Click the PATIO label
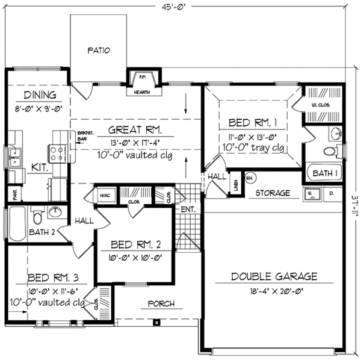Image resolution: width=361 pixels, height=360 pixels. pyautogui.click(x=99, y=51)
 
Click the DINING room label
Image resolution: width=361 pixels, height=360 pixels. pyautogui.click(x=40, y=95)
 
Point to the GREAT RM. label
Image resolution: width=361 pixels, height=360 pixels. pyautogui.click(x=133, y=129)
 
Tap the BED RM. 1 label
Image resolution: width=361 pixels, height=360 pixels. pyautogui.click(x=252, y=123)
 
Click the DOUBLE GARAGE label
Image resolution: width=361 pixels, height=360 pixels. pyautogui.click(x=274, y=277)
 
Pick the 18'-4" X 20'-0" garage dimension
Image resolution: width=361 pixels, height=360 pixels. pyautogui.click(x=274, y=291)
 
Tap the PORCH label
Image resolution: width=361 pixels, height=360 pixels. pyautogui.click(x=161, y=303)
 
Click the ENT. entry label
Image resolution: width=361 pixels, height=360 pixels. pyautogui.click(x=188, y=210)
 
